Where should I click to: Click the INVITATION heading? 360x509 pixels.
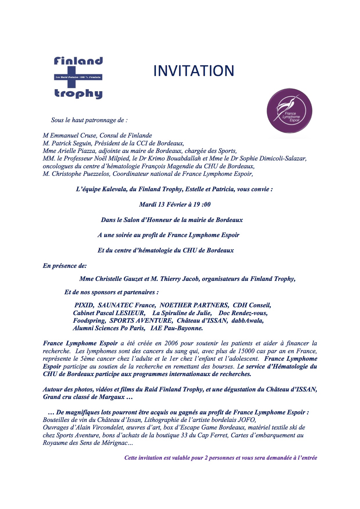coord(194,71)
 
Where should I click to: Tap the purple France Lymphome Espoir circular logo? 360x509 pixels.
coord(289,111)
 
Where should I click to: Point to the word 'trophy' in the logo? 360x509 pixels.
coord(78,93)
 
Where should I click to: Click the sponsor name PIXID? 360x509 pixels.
coord(84,305)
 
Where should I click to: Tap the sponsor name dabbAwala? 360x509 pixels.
coord(247,321)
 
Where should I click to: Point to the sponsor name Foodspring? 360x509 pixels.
coord(89,321)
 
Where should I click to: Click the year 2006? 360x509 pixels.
coord(171,343)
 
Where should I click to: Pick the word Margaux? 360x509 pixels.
coord(112,397)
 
